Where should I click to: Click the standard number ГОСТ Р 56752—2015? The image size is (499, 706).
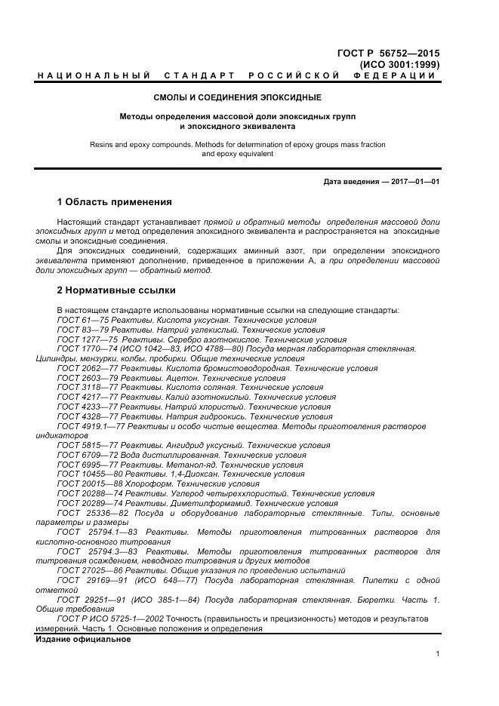388,54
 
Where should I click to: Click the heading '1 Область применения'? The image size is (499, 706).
114,202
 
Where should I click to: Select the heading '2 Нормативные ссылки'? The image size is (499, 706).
116,290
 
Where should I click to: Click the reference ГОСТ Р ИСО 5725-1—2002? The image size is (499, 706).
109,619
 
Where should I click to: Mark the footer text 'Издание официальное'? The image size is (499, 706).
83,639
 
